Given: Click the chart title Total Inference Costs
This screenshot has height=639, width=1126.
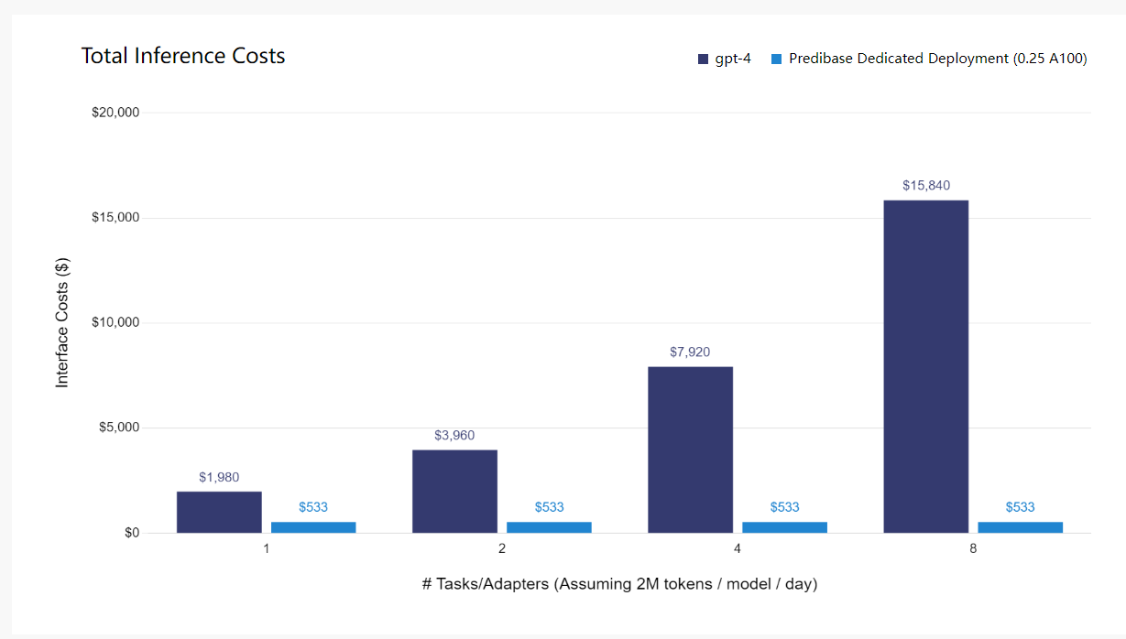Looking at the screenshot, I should (183, 56).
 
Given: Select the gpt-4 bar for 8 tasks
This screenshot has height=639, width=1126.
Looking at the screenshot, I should (925, 366).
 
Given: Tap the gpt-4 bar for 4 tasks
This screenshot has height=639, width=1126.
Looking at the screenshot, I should (690, 449).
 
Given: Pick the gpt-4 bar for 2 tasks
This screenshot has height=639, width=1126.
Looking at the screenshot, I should (454, 491).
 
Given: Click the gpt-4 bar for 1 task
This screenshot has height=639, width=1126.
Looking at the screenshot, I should (219, 512).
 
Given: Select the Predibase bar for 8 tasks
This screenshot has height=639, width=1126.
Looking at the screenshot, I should (1020, 527).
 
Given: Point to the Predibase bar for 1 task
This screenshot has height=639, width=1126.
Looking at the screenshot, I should (313, 527).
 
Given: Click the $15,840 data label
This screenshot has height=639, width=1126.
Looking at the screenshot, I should (925, 186).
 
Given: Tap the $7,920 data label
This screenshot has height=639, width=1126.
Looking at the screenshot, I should (690, 352).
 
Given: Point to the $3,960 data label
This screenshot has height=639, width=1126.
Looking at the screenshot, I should (454, 435).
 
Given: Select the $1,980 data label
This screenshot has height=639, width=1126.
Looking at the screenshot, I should (219, 477).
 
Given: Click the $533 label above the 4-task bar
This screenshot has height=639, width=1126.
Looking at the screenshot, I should (784, 507).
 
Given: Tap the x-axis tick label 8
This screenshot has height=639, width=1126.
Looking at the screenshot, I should (973, 549).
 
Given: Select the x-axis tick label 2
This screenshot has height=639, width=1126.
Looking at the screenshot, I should (501, 549).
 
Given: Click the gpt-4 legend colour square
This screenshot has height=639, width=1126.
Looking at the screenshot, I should (703, 59).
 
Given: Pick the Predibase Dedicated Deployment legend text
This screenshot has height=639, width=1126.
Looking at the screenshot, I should (937, 59).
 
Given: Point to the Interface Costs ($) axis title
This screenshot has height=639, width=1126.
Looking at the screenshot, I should (62, 322).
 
